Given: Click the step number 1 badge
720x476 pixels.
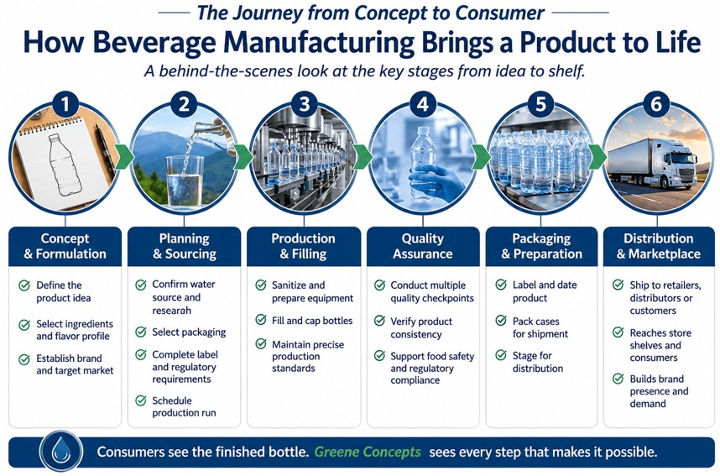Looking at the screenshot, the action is click(65, 104).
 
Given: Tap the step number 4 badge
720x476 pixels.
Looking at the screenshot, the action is click(422, 104).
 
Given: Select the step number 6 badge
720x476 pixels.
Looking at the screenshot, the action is click(656, 104).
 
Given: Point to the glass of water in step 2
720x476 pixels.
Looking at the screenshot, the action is click(184, 182).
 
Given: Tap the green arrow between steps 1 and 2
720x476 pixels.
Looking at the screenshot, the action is click(123, 157).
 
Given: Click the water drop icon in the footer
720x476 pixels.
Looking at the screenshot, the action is click(61, 451).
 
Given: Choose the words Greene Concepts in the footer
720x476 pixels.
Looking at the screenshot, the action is click(368, 452).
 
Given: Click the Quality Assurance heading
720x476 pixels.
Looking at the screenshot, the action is click(422, 246).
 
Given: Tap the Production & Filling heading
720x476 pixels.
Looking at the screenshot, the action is click(303, 246).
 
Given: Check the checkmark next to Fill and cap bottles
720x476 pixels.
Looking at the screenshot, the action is click(261, 319).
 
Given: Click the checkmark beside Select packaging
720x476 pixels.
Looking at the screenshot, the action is click(141, 332).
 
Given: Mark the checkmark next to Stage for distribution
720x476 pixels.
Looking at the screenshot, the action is click(501, 355).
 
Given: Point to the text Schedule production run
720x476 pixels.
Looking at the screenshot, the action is click(184, 406).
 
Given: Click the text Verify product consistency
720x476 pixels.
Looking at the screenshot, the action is click(421, 327).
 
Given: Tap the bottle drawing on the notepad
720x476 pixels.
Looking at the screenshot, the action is click(65, 165).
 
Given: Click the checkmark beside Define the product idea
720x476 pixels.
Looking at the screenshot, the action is click(24, 285).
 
